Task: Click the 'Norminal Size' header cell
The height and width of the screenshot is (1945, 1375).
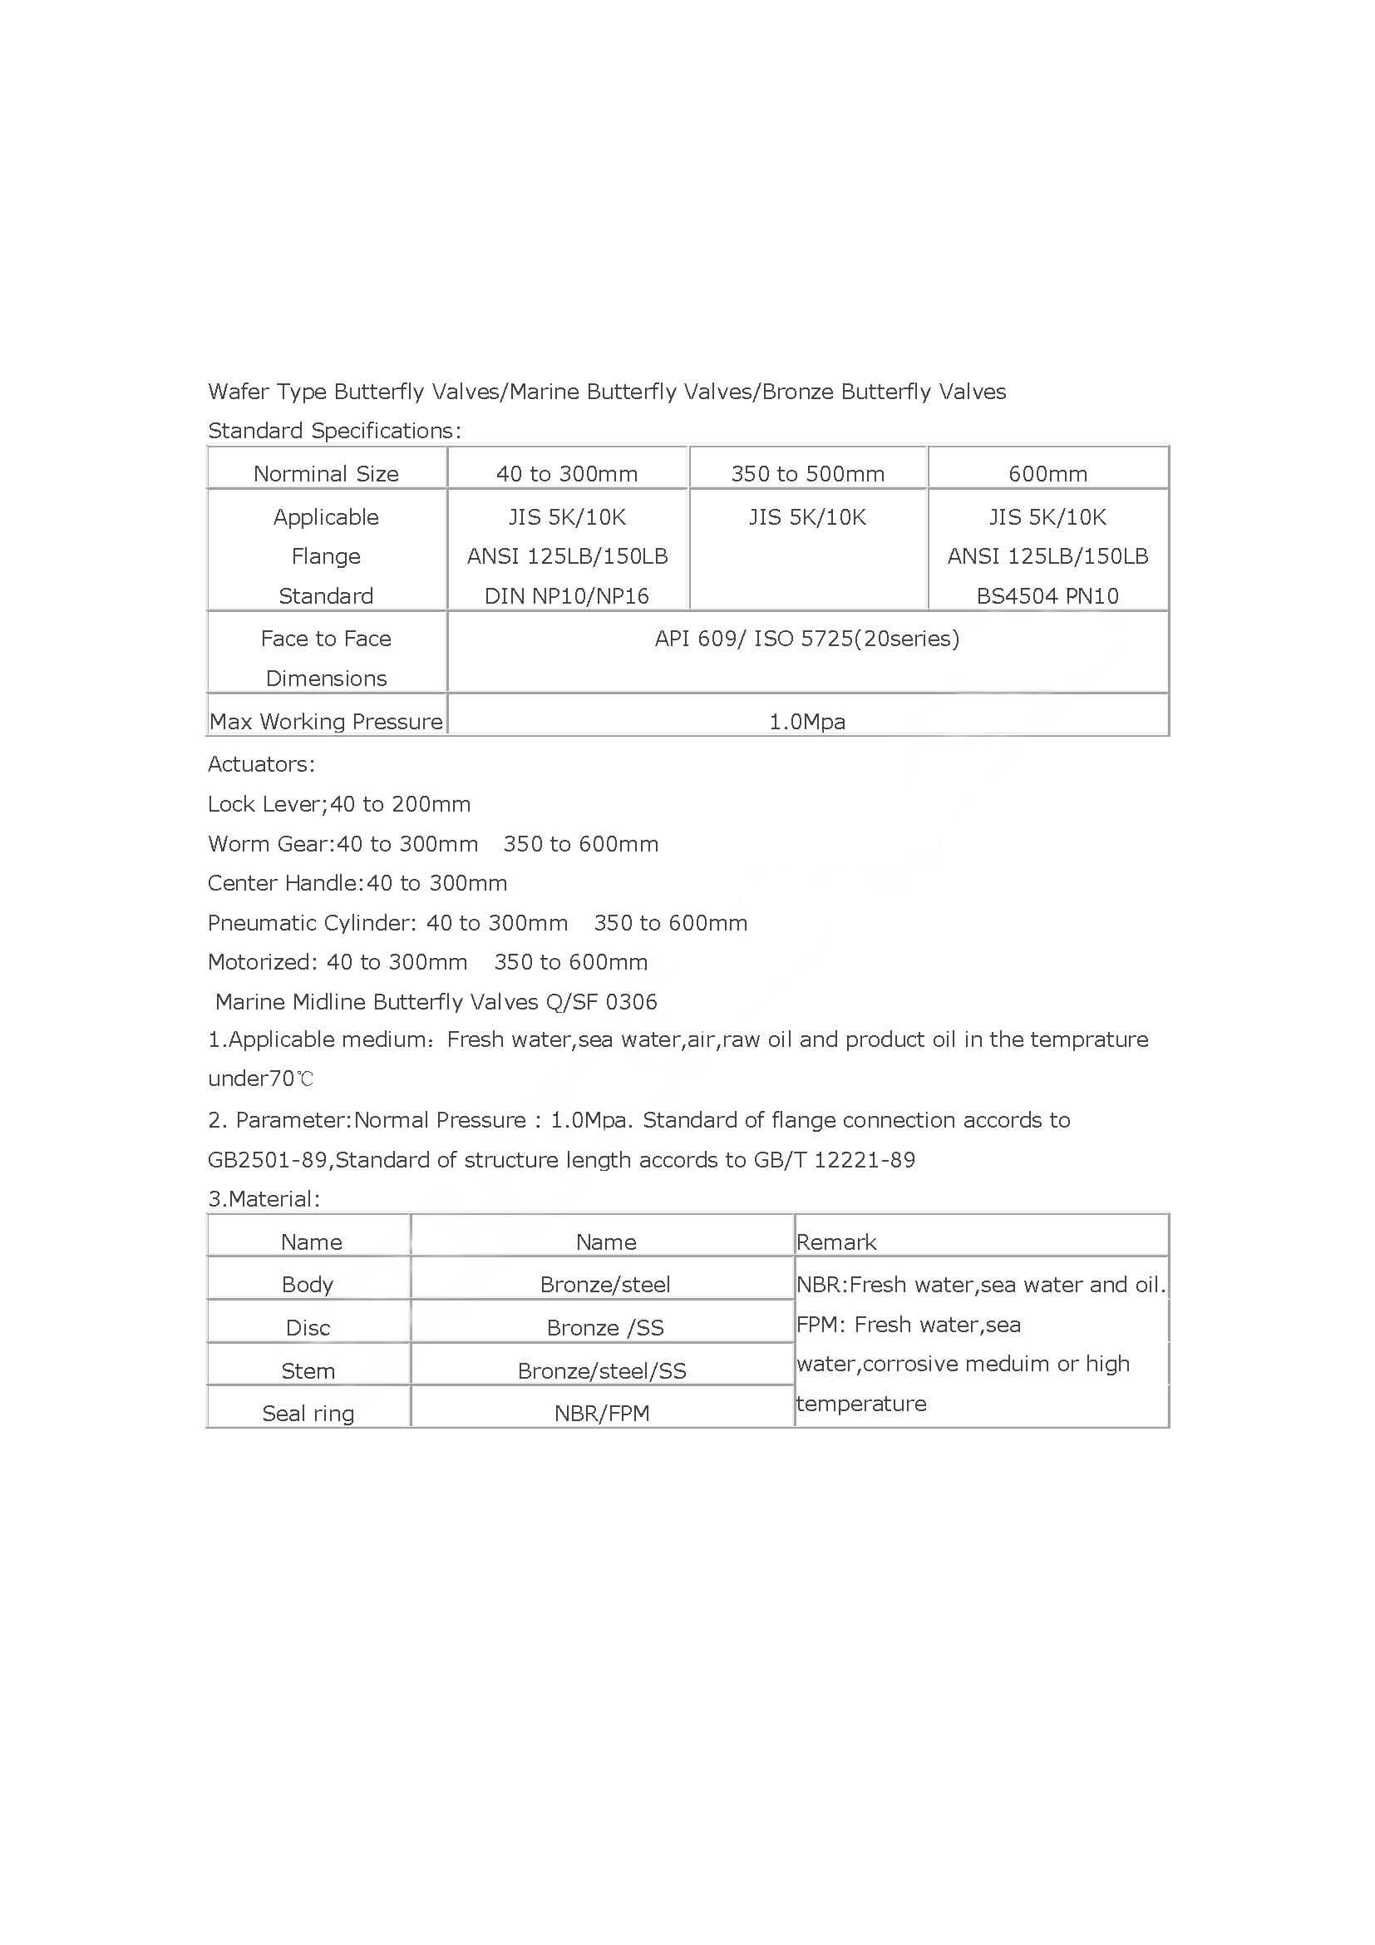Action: (x=326, y=473)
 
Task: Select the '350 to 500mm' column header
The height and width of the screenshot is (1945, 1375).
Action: (x=808, y=473)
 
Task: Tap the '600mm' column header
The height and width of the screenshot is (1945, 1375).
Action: (x=1047, y=473)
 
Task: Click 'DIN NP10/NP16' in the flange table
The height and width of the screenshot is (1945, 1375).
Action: (x=566, y=596)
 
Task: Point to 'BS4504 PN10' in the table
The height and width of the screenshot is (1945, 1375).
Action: (x=1047, y=596)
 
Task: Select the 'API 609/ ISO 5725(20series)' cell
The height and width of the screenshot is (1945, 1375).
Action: (x=807, y=639)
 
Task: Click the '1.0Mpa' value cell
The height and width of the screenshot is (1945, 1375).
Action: (x=807, y=722)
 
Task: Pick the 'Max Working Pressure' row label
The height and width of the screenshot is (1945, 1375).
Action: (x=326, y=722)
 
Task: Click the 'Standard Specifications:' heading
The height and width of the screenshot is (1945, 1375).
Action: (x=334, y=432)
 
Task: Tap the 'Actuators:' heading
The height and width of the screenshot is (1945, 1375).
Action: (x=261, y=764)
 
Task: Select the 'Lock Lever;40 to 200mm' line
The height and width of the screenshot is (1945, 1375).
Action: (x=338, y=804)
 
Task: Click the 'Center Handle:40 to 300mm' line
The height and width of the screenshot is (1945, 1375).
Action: (x=357, y=884)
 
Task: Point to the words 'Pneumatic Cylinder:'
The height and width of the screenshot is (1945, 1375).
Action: (x=312, y=922)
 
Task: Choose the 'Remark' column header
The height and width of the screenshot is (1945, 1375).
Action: (x=835, y=1242)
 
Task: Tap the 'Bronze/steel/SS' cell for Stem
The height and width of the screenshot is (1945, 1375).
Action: (x=602, y=1370)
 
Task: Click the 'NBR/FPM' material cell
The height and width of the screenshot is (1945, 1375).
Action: (x=602, y=1413)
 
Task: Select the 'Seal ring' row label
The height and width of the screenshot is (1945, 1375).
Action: (x=308, y=1413)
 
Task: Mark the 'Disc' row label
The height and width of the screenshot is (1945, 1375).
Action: (x=308, y=1327)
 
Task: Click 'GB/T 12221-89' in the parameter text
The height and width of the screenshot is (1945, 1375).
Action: (x=834, y=1160)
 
